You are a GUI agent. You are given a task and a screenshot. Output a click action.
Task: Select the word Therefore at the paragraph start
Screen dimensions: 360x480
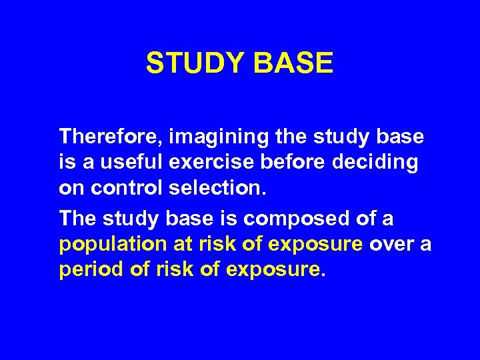pyautogui.click(x=110, y=137)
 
